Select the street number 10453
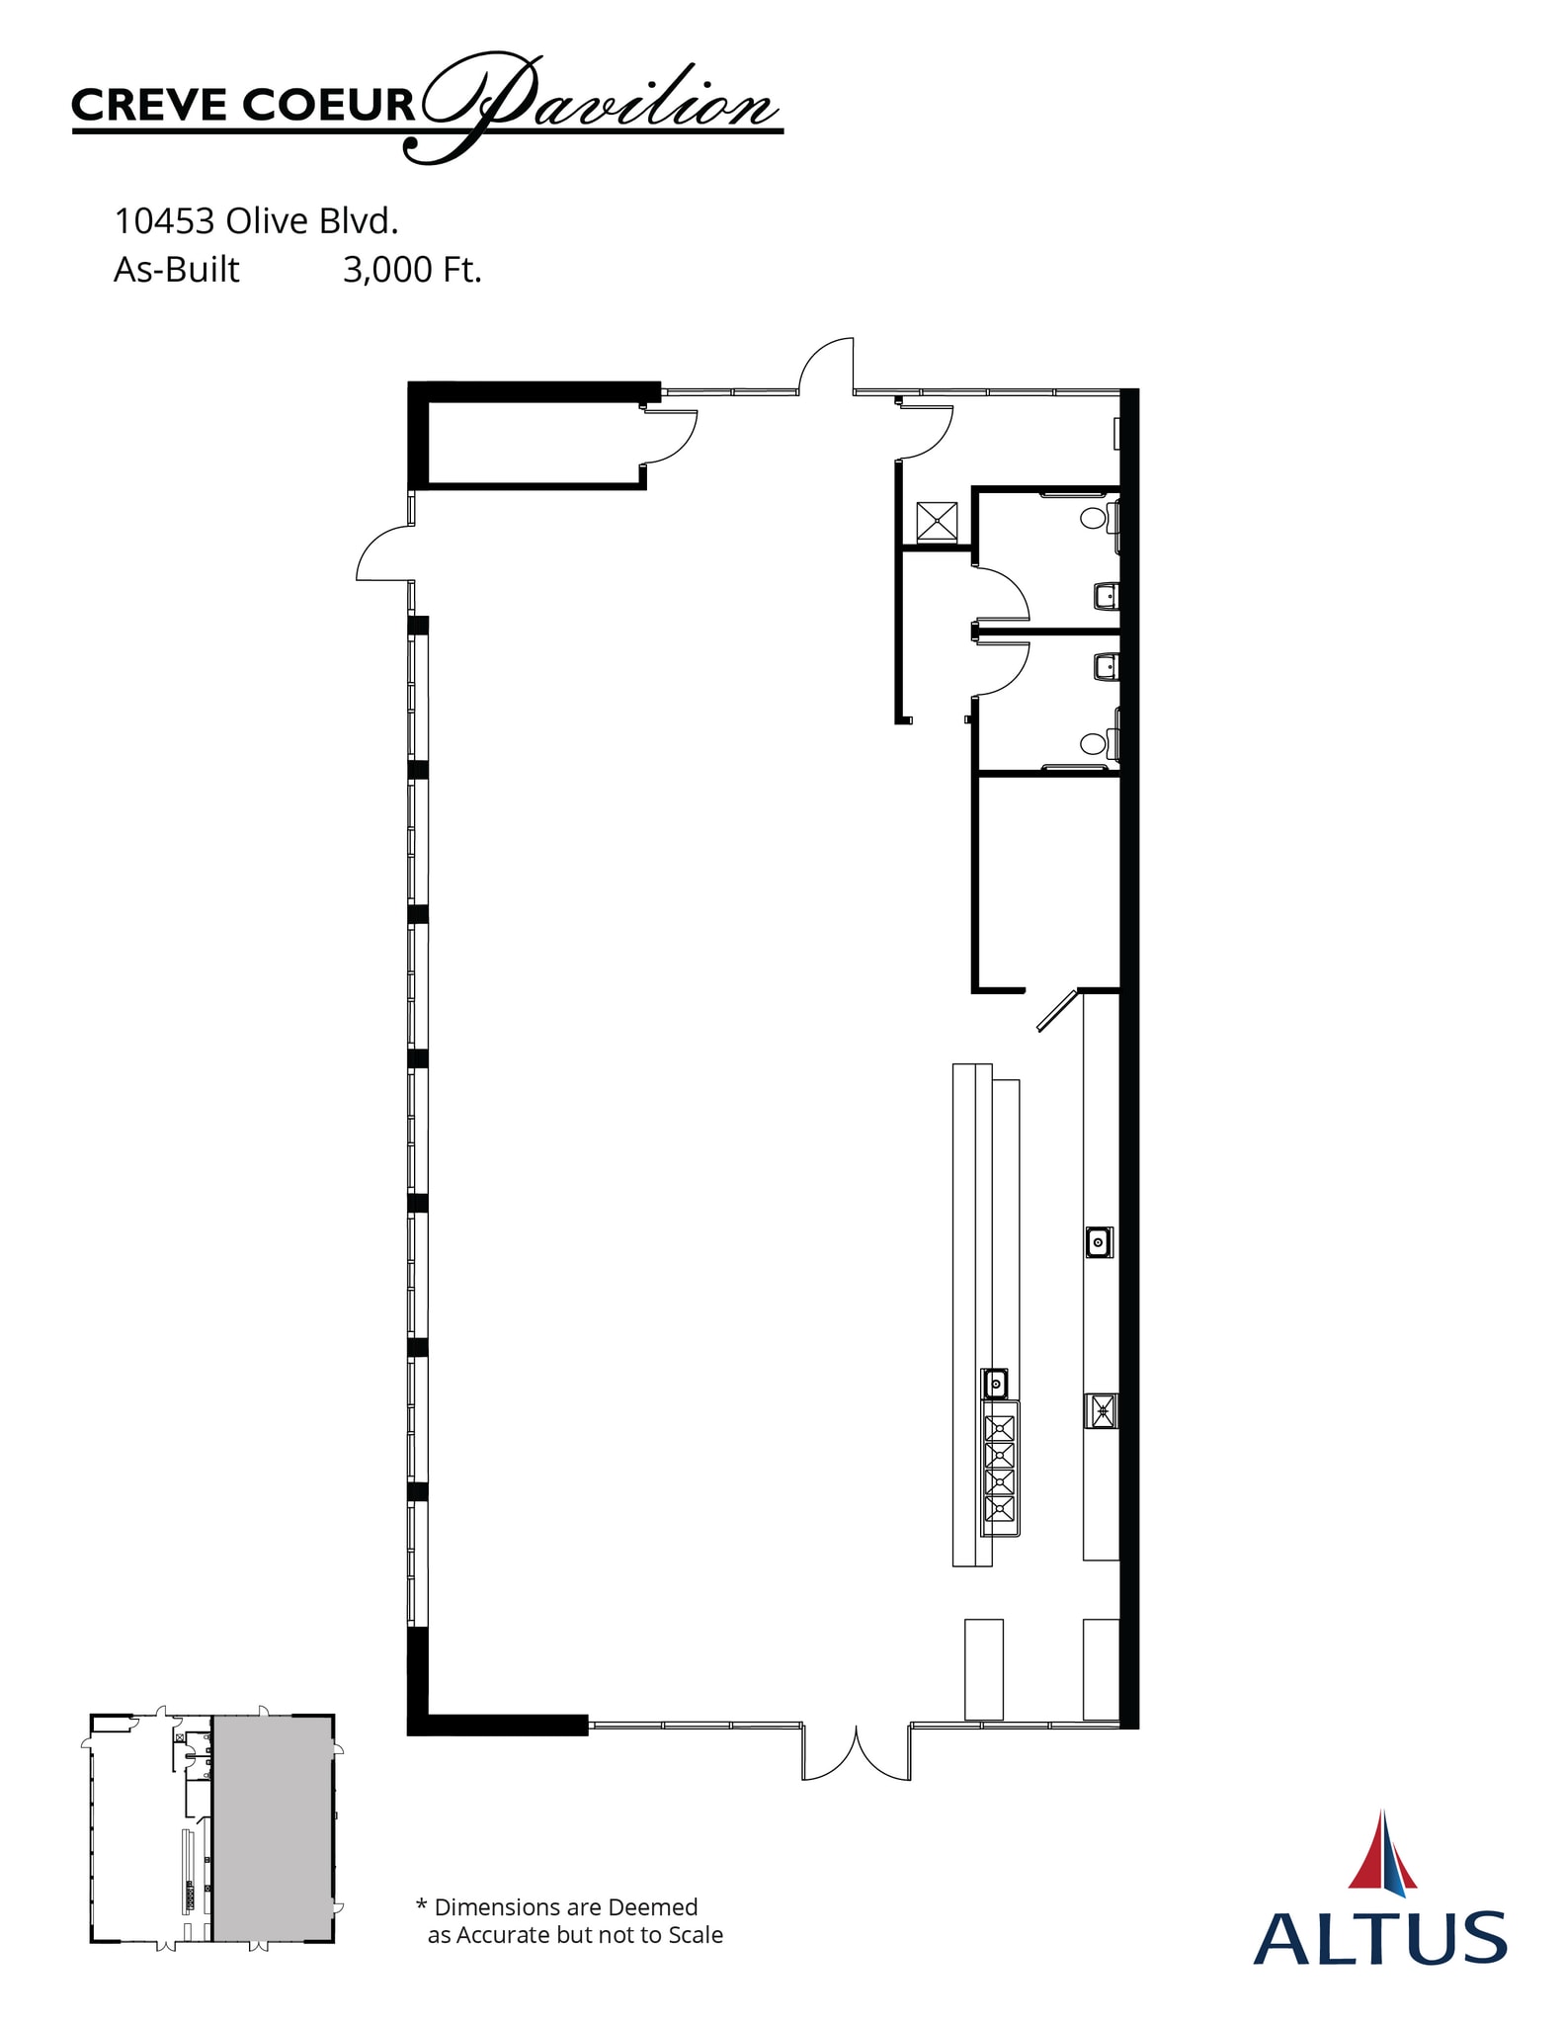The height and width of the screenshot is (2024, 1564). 164,221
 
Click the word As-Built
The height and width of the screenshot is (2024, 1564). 176,269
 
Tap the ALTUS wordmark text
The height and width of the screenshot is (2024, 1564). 1379,1938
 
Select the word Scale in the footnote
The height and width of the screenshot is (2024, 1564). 696,1935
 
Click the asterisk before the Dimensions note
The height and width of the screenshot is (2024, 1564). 422,1906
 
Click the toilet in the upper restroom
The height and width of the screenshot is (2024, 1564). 1094,517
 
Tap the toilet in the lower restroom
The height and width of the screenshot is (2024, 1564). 1094,743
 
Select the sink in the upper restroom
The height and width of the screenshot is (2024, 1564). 1107,596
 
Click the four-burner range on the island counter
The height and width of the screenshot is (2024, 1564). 1000,1468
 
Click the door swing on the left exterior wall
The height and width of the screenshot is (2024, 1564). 383,553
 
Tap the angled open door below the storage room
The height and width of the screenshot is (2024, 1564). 1055,1010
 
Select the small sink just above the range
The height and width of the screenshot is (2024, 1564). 996,1384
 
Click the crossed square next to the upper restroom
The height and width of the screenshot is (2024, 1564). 937,522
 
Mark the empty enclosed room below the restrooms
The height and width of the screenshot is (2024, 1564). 1047,882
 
